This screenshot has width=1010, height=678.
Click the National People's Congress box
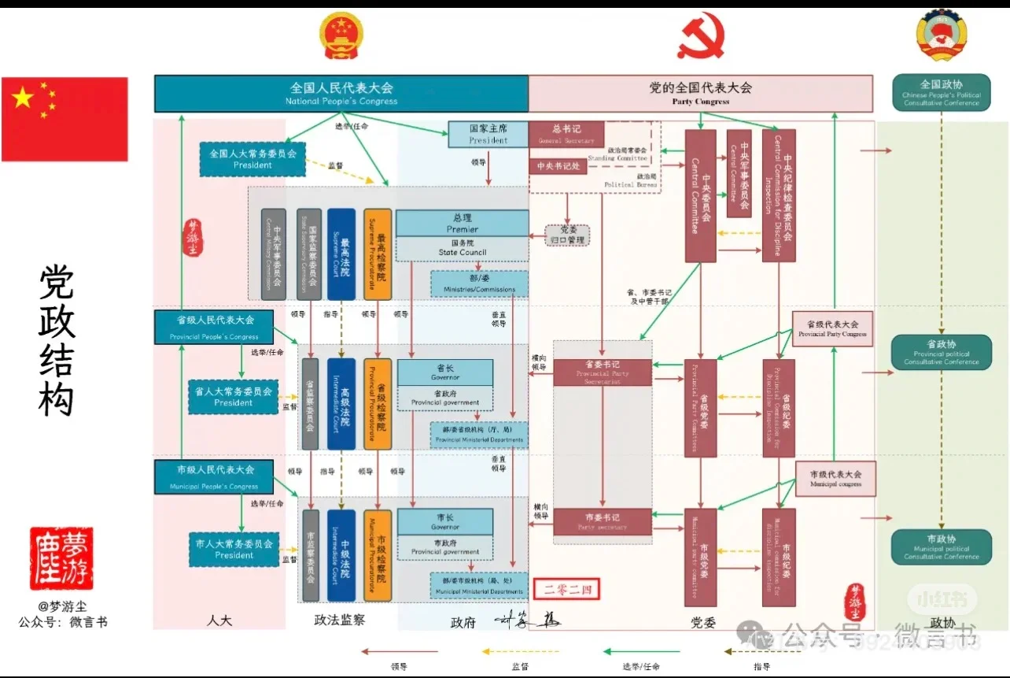pos(341,93)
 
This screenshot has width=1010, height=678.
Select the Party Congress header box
pos(700,93)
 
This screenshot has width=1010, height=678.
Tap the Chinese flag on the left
pos(65,119)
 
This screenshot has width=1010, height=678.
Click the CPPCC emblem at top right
pos(941,35)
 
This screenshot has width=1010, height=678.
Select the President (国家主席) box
pos(488,134)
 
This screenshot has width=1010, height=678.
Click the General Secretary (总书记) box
pos(566,132)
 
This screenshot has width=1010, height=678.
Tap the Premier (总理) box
pos(462,223)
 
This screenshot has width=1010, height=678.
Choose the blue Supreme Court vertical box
pos(341,254)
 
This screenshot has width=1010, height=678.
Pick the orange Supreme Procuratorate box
pos(378,254)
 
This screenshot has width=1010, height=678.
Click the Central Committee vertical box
pos(700,195)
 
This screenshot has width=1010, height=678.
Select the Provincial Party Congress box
pos(832,328)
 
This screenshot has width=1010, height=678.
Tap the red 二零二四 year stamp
pos(566,588)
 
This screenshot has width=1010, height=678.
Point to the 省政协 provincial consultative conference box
pos(941,352)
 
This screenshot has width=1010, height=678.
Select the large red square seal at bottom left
pos(61,558)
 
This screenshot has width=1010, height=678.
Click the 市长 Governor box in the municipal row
pos(445,521)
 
